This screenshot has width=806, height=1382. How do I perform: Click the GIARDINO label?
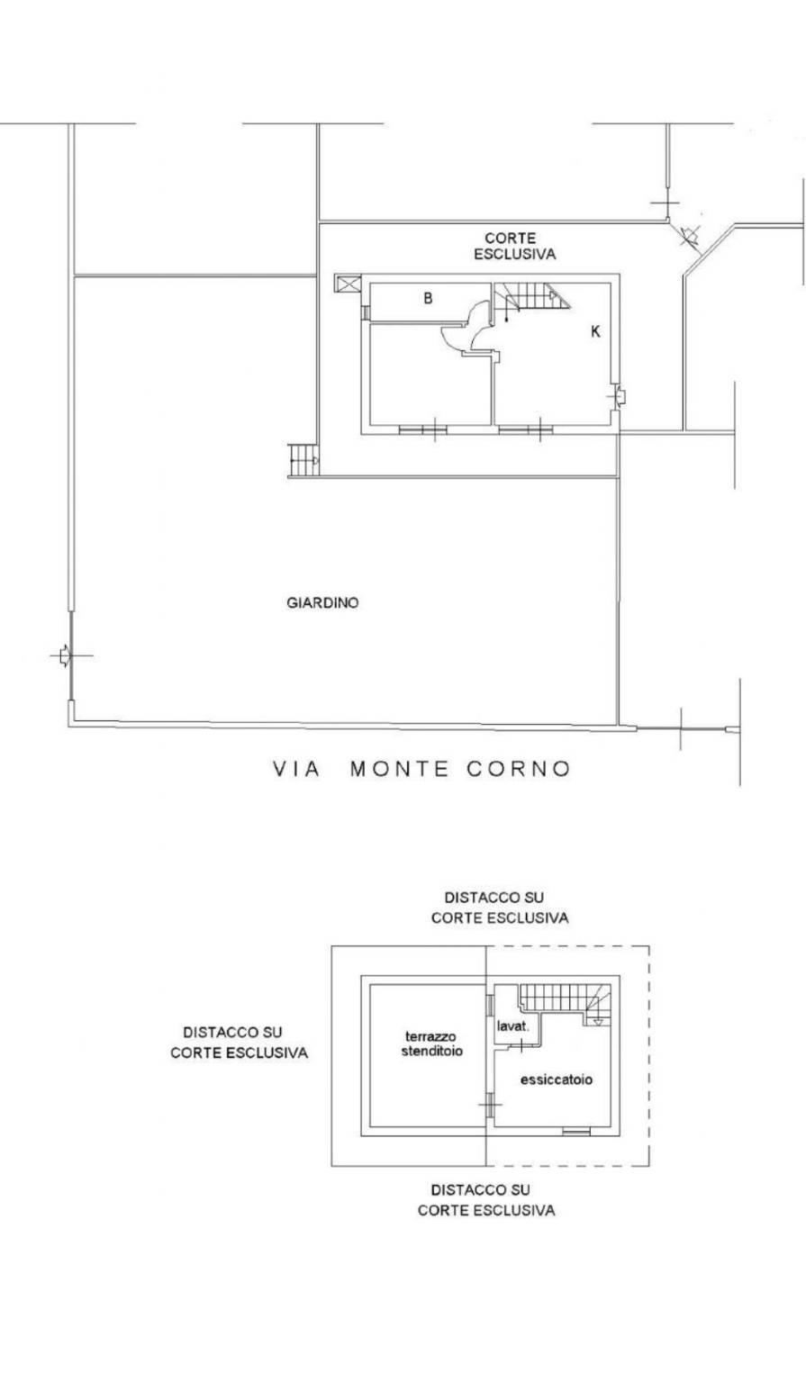(322, 603)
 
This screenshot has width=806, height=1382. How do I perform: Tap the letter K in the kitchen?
(595, 332)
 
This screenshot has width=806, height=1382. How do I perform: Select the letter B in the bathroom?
(428, 299)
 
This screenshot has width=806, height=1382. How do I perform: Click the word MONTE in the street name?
(399, 769)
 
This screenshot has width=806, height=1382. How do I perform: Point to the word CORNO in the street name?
(519, 769)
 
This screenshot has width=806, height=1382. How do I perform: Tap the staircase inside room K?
(532, 298)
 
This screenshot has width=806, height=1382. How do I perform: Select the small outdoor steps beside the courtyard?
(303, 459)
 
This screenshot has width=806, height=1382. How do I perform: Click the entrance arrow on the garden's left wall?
(62, 655)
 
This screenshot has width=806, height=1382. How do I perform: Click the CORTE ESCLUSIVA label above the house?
(514, 246)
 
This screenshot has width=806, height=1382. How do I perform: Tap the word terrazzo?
(430, 1036)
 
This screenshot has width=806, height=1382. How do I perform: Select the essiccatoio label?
(556, 1079)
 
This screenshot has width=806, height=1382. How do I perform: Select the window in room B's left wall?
(366, 312)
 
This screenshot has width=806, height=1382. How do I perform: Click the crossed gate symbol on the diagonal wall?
(689, 235)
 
